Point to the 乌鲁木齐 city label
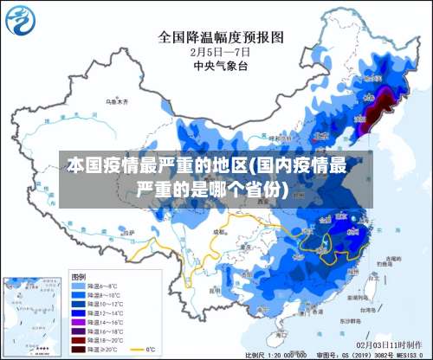[116, 101]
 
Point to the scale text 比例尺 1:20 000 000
[275, 355]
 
